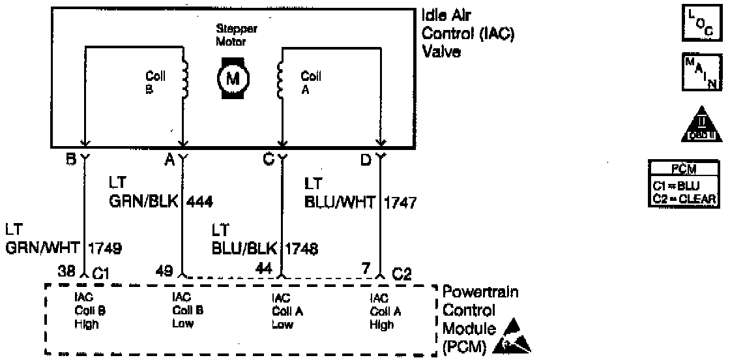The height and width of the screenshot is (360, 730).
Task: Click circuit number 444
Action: (x=200, y=202)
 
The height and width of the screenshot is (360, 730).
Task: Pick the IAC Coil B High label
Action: (x=87, y=310)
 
